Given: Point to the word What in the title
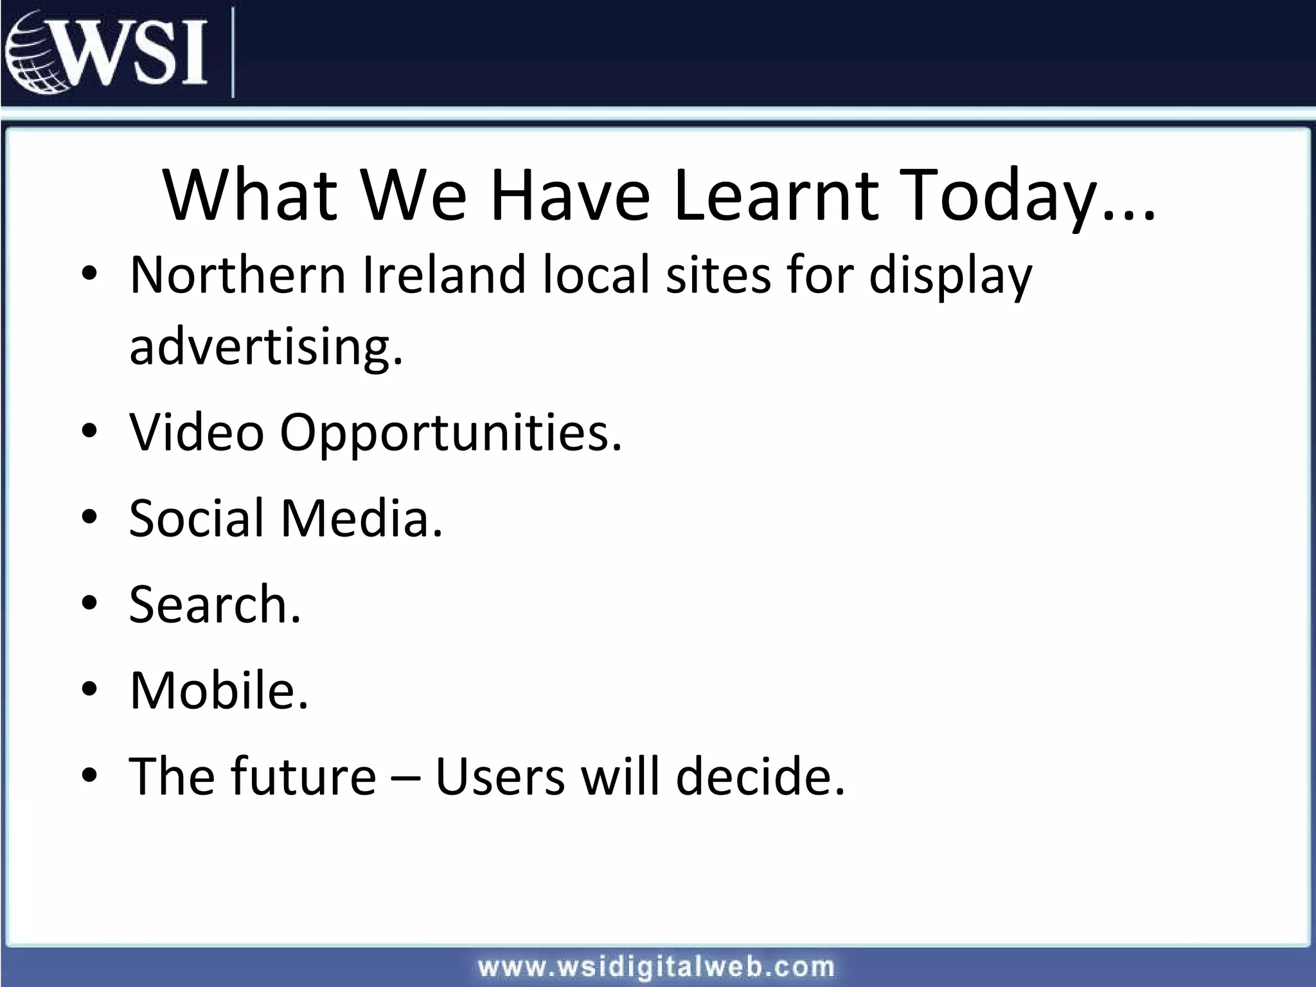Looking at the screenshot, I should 251,195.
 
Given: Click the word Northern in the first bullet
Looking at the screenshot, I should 238,275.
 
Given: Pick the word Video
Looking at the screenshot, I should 197,432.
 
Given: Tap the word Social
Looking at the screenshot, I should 197,517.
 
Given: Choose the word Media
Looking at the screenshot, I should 362,517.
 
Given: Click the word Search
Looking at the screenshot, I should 214,604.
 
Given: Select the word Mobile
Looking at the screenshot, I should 218,690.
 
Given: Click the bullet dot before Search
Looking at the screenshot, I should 89,603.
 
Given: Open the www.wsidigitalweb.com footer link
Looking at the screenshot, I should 656,966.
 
